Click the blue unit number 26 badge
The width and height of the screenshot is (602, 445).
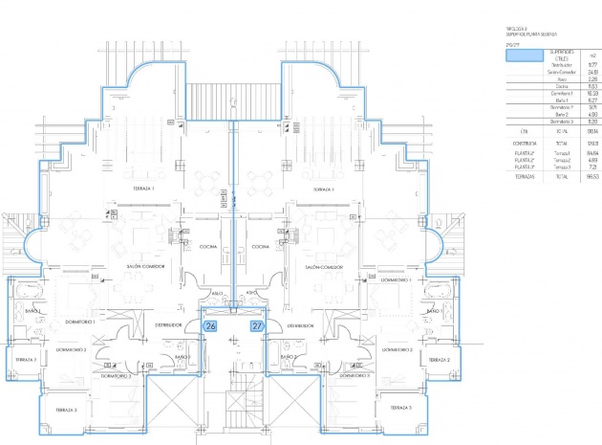[x=211, y=326]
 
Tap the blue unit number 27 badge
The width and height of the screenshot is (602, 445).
[x=257, y=326]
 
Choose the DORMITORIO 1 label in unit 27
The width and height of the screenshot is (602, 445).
[x=395, y=280]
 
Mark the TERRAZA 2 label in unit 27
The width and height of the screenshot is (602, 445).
[x=439, y=360]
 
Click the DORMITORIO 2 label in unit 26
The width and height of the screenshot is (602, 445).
[x=71, y=350]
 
